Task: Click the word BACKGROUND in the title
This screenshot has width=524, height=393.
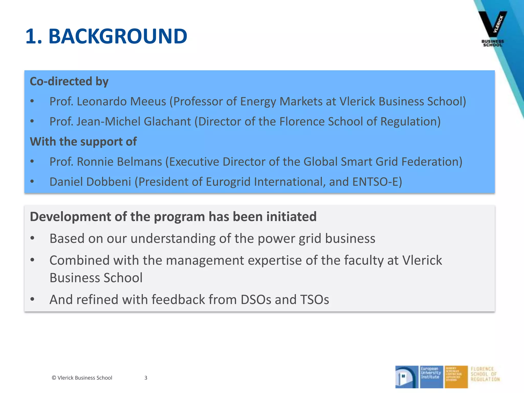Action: coord(118,36)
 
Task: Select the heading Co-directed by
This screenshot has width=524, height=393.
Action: coord(69,81)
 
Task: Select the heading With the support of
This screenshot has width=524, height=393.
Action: coord(83,141)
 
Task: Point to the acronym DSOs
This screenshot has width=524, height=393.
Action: coord(256,299)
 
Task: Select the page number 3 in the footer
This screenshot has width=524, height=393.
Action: coord(146,378)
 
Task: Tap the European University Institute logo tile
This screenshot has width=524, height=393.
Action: coord(431,377)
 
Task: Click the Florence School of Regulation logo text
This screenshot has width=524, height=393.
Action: coord(485,374)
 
